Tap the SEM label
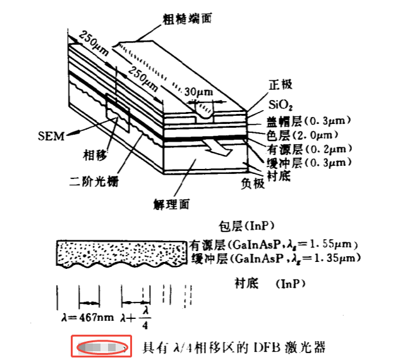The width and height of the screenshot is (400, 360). pyautogui.click(x=51, y=135)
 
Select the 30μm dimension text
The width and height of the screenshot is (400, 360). pyautogui.click(x=198, y=92)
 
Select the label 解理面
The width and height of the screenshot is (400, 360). pyautogui.click(x=172, y=204)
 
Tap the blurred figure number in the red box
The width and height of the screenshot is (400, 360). pyautogui.click(x=100, y=347)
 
